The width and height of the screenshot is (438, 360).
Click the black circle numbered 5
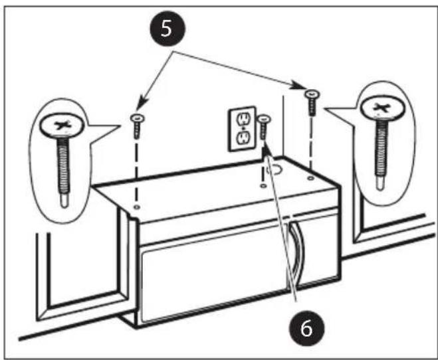tap(167, 29)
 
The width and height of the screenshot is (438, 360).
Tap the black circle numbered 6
tap(306, 329)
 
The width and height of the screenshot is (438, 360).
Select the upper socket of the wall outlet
tap(243, 119)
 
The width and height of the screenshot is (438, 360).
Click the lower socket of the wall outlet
tap(243, 137)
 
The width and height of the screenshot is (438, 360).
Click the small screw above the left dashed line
tap(137, 126)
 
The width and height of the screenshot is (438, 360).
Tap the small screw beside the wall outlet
tap(264, 128)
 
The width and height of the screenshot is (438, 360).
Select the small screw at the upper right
tap(312, 102)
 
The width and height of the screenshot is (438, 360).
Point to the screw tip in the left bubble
tap(64, 201)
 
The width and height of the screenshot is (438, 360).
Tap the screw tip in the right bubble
tap(380, 183)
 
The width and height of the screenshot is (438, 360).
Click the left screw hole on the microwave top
tap(137, 207)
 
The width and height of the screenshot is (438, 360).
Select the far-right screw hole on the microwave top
tap(310, 178)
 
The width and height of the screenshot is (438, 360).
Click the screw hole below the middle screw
tap(263, 185)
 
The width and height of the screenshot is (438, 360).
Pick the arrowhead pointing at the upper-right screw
tap(297, 85)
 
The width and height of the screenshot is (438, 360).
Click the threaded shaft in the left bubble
tap(63, 164)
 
